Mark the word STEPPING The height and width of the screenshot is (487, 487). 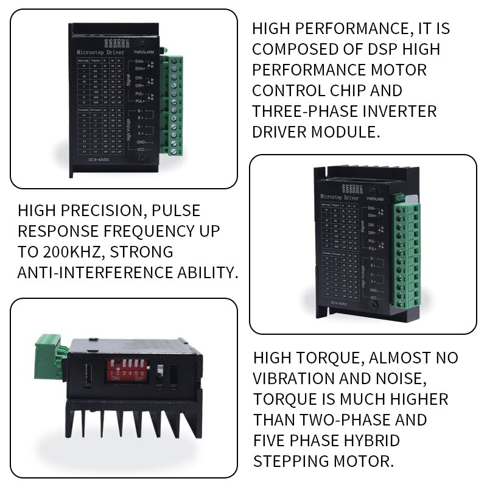pos(291,460)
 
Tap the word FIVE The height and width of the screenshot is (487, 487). pos(272,440)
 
